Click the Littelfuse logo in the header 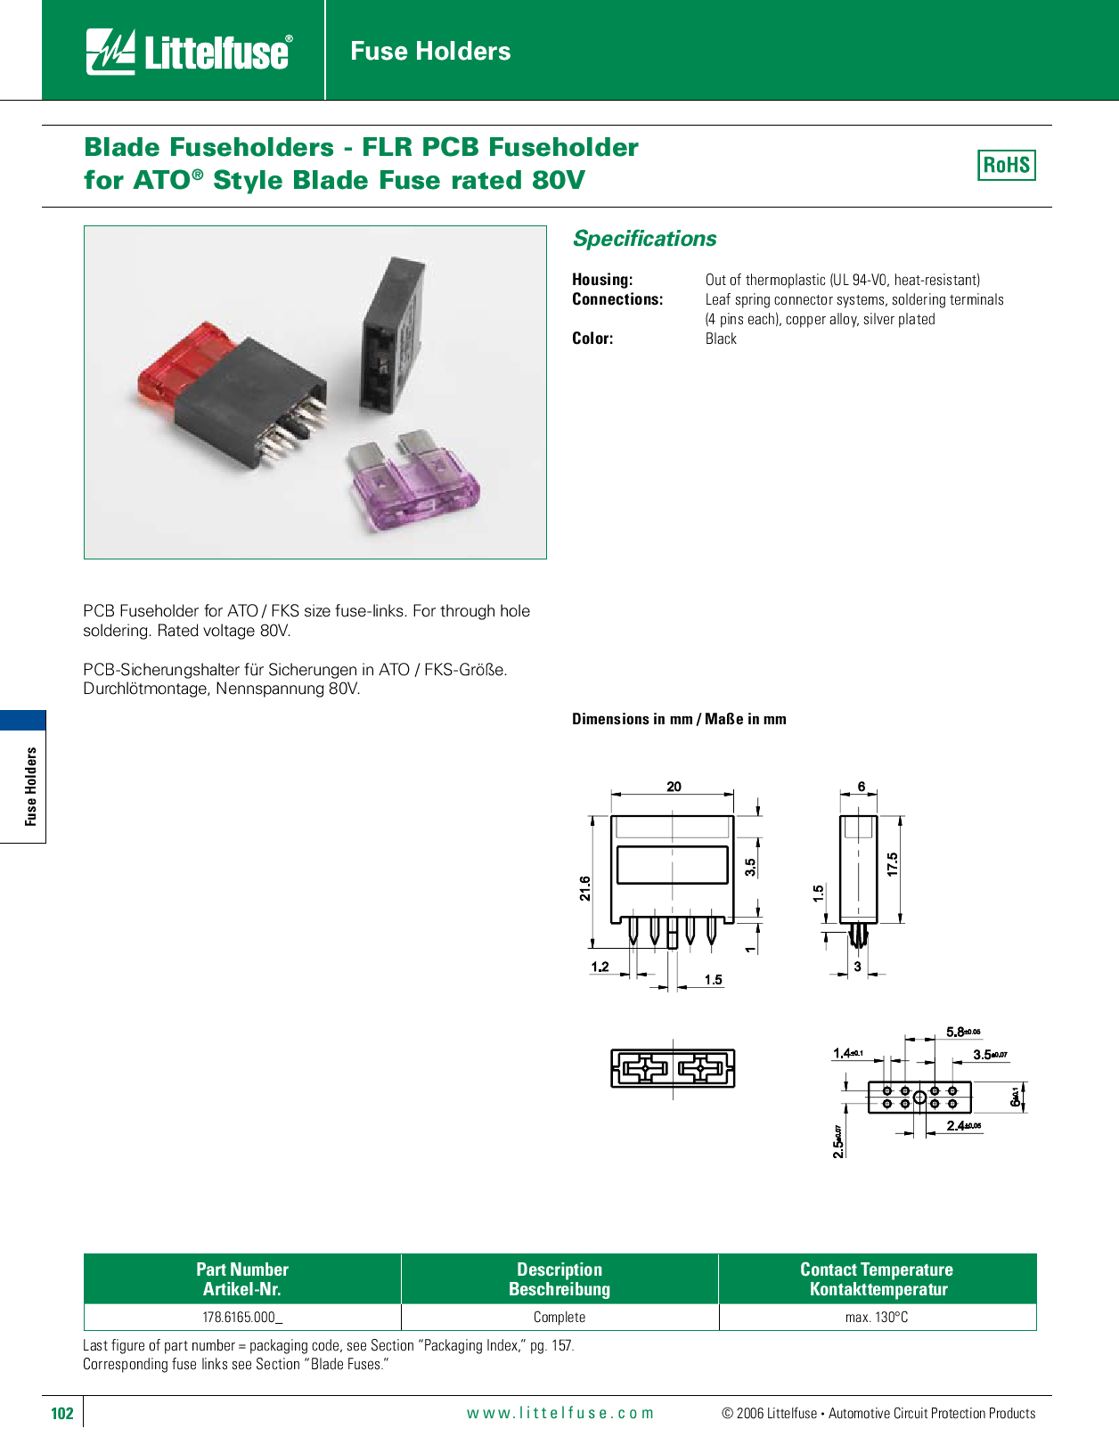click(x=189, y=52)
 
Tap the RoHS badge click(x=1006, y=165)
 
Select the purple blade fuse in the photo click(x=413, y=481)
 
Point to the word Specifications click(x=644, y=239)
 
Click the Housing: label click(x=602, y=280)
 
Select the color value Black click(x=721, y=339)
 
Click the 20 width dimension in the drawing click(x=674, y=787)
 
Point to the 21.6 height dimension click(x=585, y=889)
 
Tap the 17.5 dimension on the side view click(x=893, y=864)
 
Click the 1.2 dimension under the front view click(x=600, y=967)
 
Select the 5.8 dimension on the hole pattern click(x=963, y=1032)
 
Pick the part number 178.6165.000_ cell click(x=242, y=1318)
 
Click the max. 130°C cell click(x=877, y=1318)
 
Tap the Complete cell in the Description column click(x=559, y=1318)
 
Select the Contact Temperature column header click(x=877, y=1279)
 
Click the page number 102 click(x=62, y=1413)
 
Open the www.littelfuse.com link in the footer click(x=560, y=1413)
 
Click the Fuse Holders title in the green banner click(x=430, y=51)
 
